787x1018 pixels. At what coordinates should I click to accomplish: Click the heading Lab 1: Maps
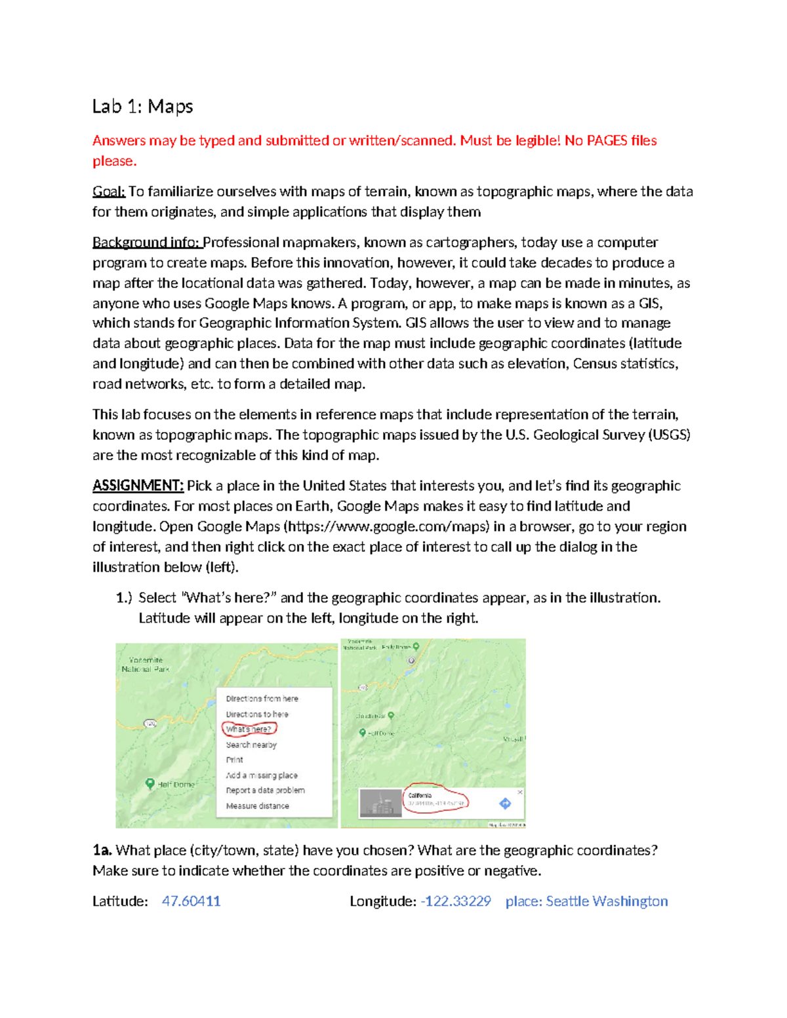click(x=142, y=106)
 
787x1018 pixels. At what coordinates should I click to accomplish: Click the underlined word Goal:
click(x=108, y=191)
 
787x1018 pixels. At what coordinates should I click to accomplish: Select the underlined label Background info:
click(x=146, y=243)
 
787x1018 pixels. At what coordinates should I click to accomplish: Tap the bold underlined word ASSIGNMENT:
click(x=138, y=486)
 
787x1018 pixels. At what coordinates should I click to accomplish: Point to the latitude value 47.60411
click(x=191, y=901)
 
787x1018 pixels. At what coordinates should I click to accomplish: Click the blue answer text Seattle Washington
click(x=607, y=901)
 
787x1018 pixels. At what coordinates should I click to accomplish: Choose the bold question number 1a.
click(x=102, y=850)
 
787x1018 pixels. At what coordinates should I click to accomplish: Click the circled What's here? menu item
click(x=249, y=729)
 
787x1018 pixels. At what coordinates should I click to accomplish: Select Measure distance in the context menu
click(x=257, y=806)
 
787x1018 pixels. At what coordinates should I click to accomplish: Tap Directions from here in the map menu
click(x=262, y=699)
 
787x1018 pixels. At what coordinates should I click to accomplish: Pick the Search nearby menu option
click(x=251, y=745)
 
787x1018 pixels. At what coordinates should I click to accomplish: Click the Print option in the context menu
click(x=234, y=760)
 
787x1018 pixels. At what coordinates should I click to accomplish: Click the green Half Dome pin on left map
click(x=150, y=783)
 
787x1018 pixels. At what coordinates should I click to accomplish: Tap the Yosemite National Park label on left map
click(x=145, y=665)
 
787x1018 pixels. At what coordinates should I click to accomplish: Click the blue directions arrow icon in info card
click(x=505, y=803)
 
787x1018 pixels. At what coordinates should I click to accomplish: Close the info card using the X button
click(x=520, y=792)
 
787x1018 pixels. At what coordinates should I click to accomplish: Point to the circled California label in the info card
click(x=420, y=795)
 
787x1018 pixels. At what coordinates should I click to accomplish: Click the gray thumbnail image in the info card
click(x=380, y=804)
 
